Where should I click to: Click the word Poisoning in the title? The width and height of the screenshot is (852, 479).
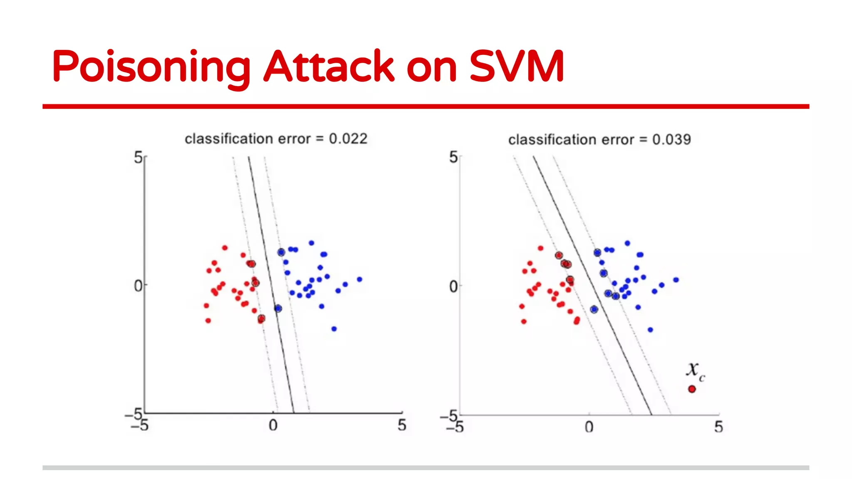pyautogui.click(x=151, y=67)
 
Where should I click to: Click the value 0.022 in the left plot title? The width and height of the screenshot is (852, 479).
pyautogui.click(x=348, y=139)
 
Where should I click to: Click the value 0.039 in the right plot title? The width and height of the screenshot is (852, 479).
pyautogui.click(x=671, y=140)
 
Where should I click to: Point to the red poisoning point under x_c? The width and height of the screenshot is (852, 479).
pyautogui.click(x=692, y=389)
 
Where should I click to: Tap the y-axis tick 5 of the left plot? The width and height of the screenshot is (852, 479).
pyautogui.click(x=138, y=158)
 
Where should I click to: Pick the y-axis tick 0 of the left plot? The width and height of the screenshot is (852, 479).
pyautogui.click(x=138, y=286)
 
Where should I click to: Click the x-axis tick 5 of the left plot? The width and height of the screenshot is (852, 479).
pyautogui.click(x=401, y=425)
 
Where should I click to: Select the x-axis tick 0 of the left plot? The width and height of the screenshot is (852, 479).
pyautogui.click(x=273, y=425)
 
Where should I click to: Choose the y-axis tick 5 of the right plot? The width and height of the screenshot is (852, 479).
pyautogui.click(x=453, y=158)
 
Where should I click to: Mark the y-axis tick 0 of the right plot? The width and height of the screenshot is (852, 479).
pyautogui.click(x=453, y=286)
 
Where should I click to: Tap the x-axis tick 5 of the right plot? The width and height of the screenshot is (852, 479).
pyautogui.click(x=718, y=427)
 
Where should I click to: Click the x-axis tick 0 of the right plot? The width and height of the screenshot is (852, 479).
pyautogui.click(x=589, y=427)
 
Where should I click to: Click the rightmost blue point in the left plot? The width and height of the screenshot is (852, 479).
pyautogui.click(x=359, y=279)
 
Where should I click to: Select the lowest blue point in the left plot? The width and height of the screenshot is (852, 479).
pyautogui.click(x=334, y=329)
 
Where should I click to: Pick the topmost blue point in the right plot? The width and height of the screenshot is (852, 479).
pyautogui.click(x=627, y=243)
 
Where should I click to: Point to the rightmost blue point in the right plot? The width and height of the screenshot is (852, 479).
pyautogui.click(x=676, y=280)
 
